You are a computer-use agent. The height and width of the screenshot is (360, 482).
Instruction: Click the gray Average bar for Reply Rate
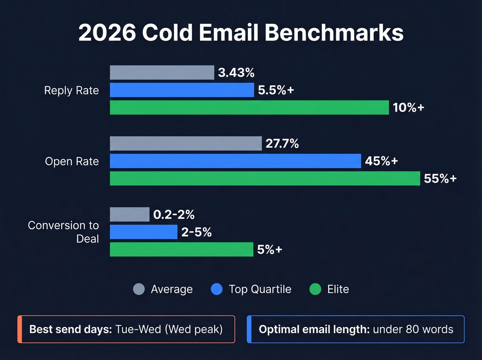(x=162, y=73)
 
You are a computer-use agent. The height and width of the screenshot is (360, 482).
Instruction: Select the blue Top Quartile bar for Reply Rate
(x=182, y=90)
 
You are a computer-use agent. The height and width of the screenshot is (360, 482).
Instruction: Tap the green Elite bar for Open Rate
(x=265, y=178)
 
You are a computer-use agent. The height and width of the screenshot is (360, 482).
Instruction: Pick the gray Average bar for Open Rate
(x=186, y=143)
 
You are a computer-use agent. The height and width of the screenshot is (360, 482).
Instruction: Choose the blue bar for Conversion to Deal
(x=144, y=232)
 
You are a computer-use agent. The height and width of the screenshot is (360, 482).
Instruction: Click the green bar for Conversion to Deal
(x=181, y=249)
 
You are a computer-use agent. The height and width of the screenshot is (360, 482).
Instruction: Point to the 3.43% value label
(x=236, y=73)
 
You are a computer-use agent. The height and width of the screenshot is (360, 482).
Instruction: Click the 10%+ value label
(x=408, y=107)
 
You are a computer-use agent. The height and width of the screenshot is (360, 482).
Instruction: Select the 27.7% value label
(x=282, y=143)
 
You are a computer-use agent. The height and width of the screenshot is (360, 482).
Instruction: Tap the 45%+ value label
(x=381, y=161)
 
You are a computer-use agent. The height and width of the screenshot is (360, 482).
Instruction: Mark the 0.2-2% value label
(x=174, y=215)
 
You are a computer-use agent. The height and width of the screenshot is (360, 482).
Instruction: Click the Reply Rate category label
(x=72, y=90)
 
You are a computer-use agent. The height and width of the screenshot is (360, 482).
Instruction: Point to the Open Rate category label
(x=72, y=161)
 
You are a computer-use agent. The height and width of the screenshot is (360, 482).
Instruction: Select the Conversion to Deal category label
(x=64, y=232)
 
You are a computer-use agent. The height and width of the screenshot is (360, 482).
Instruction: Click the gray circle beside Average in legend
(x=139, y=289)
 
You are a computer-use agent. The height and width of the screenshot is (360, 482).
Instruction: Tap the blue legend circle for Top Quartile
(x=217, y=289)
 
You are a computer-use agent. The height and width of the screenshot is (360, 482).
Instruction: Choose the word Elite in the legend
(x=338, y=289)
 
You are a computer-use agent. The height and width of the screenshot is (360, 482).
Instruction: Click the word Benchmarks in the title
(x=334, y=33)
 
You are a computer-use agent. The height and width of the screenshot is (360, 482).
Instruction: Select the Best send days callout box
(x=126, y=329)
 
